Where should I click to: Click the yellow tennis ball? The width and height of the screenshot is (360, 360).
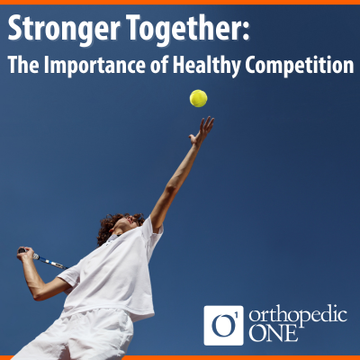click(198, 98)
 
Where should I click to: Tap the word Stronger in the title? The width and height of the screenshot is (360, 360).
click(64, 30)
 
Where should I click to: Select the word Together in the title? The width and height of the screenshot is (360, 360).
click(184, 29)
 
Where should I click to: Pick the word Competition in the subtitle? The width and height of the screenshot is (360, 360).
click(300, 65)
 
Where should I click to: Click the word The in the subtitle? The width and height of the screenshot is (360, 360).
click(23, 65)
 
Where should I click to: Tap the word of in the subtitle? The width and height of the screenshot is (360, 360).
click(161, 65)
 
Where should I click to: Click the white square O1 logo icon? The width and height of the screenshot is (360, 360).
click(223, 326)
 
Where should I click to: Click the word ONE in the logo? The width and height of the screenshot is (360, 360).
click(274, 333)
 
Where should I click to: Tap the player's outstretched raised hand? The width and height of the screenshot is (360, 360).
click(202, 130)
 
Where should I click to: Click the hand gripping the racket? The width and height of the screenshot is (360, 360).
click(25, 254)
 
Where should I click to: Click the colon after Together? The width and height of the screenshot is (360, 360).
click(246, 31)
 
